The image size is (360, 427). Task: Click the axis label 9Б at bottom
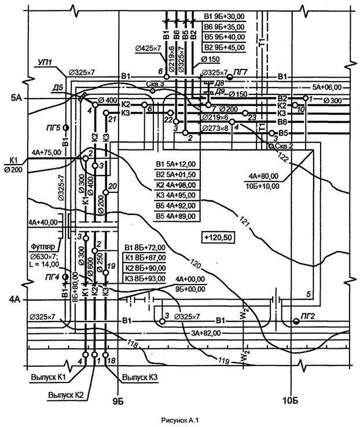[118, 401]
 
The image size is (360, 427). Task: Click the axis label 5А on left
[16, 99]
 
